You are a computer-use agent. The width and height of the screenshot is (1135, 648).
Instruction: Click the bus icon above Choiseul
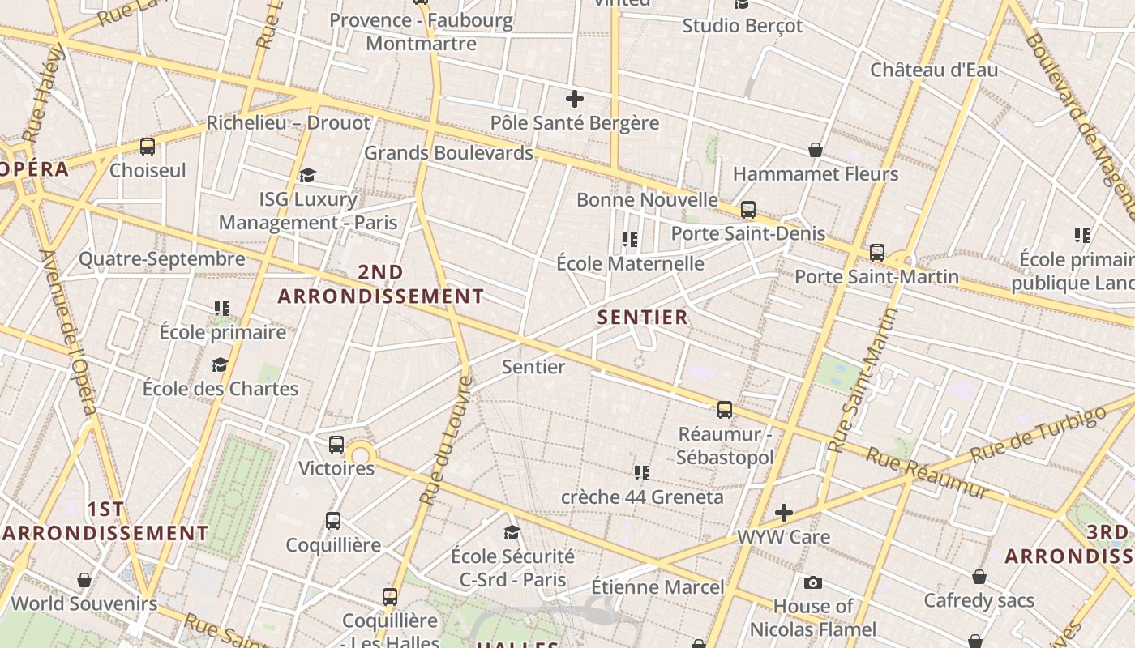pos(148,147)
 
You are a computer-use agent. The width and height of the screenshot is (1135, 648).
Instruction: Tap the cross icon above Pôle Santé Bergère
pos(575,100)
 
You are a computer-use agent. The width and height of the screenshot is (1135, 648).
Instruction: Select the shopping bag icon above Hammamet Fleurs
pos(816,150)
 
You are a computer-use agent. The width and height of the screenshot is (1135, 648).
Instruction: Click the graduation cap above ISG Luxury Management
pos(307,175)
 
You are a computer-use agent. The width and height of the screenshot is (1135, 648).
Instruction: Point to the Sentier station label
pos(533,367)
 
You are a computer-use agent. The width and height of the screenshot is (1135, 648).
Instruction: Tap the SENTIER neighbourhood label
pos(643,318)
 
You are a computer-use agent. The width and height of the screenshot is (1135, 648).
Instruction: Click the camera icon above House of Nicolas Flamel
pos(813,582)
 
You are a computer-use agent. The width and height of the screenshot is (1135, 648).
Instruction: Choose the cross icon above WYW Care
pos(783,513)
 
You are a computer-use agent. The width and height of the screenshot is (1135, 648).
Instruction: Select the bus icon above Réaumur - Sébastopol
pos(725,410)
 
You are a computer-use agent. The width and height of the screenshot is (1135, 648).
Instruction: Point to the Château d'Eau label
pos(934,70)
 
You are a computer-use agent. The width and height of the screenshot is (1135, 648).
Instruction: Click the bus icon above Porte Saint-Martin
pos(876,253)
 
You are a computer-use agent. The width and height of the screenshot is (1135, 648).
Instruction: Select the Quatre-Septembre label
pos(162,259)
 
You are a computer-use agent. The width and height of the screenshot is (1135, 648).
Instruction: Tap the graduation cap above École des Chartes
pos(220,365)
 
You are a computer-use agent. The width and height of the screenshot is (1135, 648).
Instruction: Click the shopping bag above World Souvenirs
pos(84,580)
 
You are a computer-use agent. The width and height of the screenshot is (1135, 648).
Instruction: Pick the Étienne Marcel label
pos(657,586)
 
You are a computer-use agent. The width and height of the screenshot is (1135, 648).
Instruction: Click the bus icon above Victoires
pos(336,445)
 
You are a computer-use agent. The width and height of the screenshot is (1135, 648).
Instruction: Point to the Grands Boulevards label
pos(448,152)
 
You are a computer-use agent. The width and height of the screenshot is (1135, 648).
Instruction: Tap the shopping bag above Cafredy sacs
pos(979,577)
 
